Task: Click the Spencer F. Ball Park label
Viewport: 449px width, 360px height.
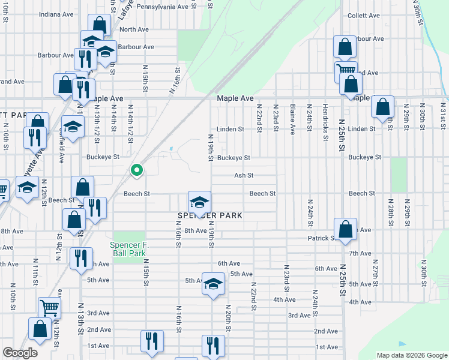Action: click(128, 249)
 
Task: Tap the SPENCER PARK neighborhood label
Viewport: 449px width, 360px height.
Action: click(209, 215)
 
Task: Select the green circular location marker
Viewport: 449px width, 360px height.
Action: click(137, 170)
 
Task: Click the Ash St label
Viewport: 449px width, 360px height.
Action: click(244, 176)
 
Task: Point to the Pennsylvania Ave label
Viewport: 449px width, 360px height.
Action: click(163, 7)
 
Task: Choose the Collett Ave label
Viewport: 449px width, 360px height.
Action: click(364, 16)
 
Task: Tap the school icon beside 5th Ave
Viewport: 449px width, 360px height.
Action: click(213, 284)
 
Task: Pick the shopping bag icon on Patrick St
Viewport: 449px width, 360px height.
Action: click(345, 230)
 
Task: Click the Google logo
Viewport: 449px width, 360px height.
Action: click(20, 353)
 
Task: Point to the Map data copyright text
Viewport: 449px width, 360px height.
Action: click(411, 355)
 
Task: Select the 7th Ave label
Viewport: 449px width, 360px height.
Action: click(360, 253)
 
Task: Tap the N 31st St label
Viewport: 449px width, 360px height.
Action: click(443, 116)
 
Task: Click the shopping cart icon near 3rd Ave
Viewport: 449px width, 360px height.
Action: click(50, 308)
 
